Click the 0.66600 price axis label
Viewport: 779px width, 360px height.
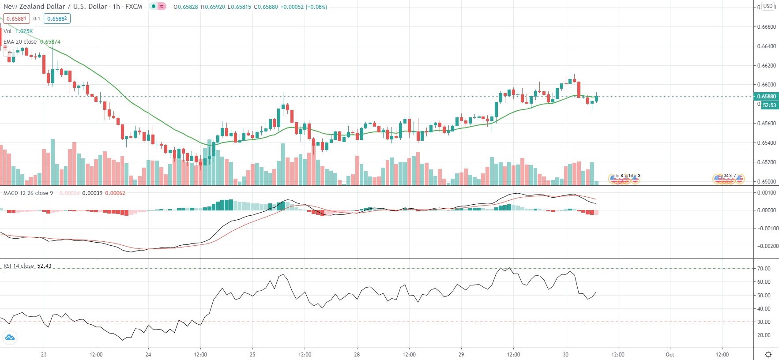point(766,27)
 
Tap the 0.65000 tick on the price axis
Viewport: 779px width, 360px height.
point(766,181)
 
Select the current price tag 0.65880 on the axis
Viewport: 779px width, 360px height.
point(767,97)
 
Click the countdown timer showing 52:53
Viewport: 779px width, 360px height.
point(769,105)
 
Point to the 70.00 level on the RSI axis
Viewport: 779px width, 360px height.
point(764,269)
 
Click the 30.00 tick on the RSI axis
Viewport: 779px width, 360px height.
point(764,322)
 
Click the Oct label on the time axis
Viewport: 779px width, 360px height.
point(670,354)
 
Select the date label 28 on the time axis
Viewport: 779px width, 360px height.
point(357,354)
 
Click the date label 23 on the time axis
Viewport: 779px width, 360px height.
point(44,354)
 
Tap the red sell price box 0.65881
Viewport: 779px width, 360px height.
point(16,19)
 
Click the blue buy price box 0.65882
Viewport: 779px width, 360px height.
point(57,19)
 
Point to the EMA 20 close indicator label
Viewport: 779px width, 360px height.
point(20,42)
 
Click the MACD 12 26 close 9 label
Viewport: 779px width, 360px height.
point(28,193)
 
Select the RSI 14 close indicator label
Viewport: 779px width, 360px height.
point(19,266)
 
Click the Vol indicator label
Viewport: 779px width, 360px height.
point(8,31)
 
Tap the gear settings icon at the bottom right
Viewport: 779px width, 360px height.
point(768,354)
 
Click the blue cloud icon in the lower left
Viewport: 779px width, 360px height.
point(9,338)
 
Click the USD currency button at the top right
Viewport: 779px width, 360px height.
point(768,6)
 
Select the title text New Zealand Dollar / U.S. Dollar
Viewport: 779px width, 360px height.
point(55,7)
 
